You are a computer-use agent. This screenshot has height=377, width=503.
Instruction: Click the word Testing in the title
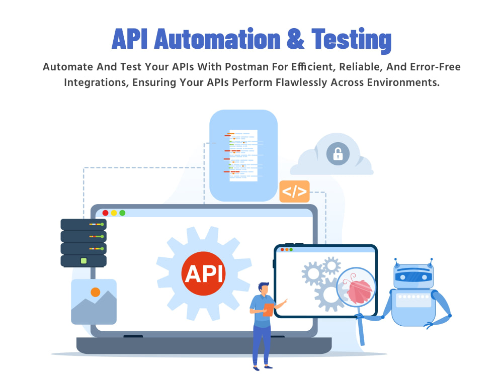point(351,40)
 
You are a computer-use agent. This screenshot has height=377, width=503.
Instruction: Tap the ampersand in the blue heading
point(295,39)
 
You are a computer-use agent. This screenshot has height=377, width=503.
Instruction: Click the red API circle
point(203,273)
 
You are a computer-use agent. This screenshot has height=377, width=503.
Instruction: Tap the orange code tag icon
point(294,192)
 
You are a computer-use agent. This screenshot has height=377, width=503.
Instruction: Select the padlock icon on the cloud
point(338,154)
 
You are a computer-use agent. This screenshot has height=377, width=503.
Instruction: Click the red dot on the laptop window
point(105,213)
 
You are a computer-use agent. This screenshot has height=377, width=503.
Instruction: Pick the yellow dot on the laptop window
point(114,213)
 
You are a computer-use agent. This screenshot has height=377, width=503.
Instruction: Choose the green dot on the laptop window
point(123,213)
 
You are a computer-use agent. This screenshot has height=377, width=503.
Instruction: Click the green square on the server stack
point(83,260)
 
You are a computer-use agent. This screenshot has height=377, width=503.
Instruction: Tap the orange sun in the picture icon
point(95,292)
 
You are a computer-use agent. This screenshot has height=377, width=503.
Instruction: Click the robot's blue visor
point(413,276)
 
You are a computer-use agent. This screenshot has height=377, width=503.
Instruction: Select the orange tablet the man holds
point(269,310)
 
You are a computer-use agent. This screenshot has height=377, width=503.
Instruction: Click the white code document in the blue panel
point(243,155)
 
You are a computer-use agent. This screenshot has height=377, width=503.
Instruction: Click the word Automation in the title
point(217,39)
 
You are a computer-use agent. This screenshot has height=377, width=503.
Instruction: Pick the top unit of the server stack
point(83,224)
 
